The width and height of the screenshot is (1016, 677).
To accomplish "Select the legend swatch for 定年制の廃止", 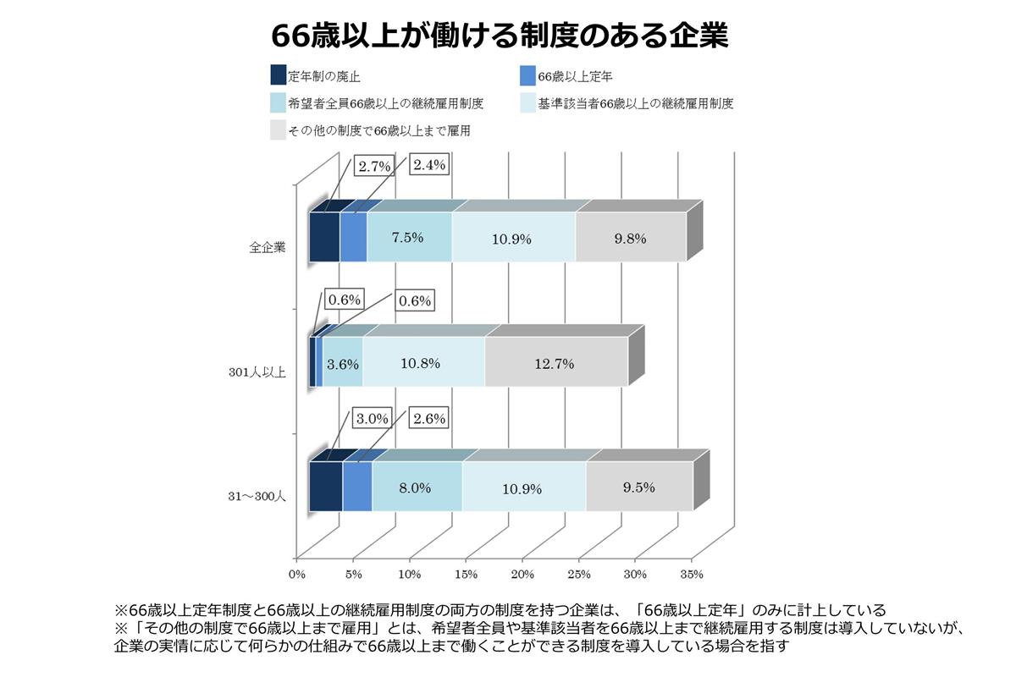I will pos(278,76).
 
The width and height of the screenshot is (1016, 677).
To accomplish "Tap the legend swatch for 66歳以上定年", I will pos(525,76).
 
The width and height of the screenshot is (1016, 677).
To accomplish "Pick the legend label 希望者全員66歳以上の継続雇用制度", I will pos(385,103).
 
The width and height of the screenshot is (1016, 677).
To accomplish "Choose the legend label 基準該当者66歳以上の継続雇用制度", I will pos(635,103).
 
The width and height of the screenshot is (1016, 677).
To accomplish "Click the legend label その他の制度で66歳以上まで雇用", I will pos(379,130).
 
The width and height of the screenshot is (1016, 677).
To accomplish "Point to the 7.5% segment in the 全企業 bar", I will pos(408,238).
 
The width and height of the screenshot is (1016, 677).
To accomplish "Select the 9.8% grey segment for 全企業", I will pos(630,238).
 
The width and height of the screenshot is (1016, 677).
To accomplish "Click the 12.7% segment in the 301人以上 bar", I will pos(555,363).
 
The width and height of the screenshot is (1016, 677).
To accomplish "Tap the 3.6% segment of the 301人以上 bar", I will pos(343,363).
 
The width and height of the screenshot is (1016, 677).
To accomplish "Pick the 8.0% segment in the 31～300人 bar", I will pos(416,487).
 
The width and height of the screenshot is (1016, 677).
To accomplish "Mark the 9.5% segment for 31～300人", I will pos(638,487).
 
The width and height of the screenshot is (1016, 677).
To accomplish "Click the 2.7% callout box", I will pos(374,166).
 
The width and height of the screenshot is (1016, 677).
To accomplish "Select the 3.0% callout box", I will pos(372,418).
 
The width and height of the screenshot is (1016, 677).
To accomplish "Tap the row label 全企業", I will pos(268,249).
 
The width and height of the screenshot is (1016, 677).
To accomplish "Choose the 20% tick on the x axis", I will pos(522,575).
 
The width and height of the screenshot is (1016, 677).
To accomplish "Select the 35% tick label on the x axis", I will pos(691,575).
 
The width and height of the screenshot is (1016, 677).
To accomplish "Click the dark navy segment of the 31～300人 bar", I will pos(325,487).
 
